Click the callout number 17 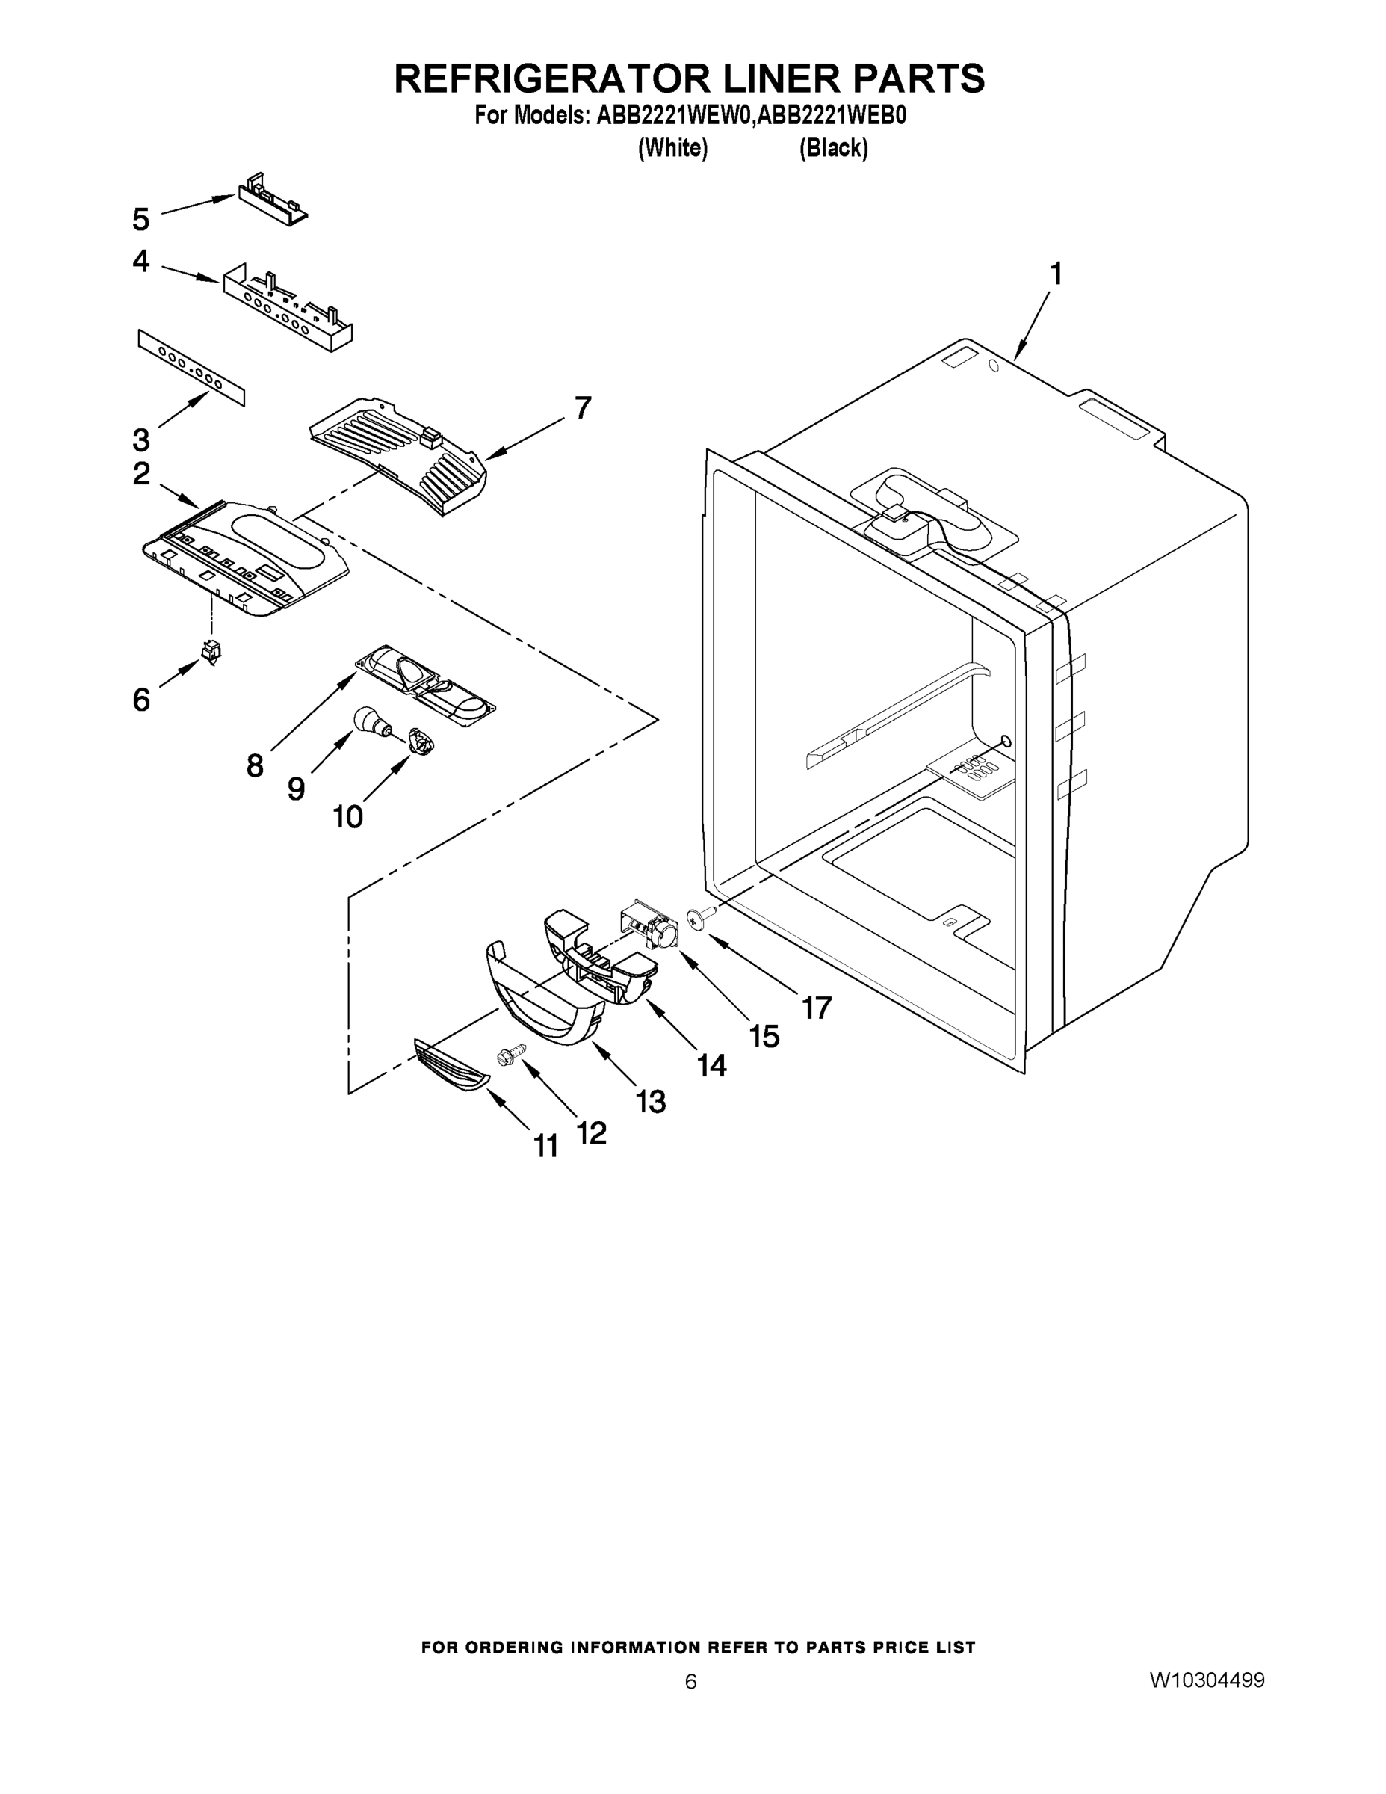(x=817, y=1007)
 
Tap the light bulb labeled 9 (x=370, y=721)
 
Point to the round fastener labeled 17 (x=699, y=916)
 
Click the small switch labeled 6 (x=212, y=651)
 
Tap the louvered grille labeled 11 (x=450, y=1064)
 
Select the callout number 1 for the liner (x=1056, y=274)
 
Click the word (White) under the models (x=672, y=148)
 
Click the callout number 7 (x=582, y=407)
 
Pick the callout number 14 (x=711, y=1064)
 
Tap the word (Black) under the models (x=833, y=148)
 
